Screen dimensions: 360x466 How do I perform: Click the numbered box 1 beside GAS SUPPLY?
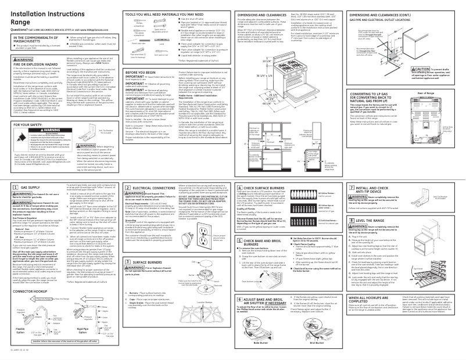pyautogui.click(x=8, y=173)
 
